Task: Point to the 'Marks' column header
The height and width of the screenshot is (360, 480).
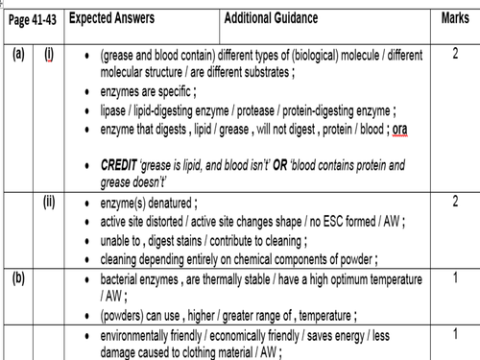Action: click(x=455, y=18)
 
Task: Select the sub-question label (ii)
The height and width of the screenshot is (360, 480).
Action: click(x=50, y=202)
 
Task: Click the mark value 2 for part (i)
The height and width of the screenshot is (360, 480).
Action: click(x=455, y=53)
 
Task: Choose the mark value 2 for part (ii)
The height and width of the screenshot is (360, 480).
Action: click(x=455, y=202)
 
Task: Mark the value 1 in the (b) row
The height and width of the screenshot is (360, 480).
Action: click(x=455, y=277)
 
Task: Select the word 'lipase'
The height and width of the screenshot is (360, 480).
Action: click(x=116, y=111)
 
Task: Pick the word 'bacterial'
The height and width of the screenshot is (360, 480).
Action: click(x=124, y=279)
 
